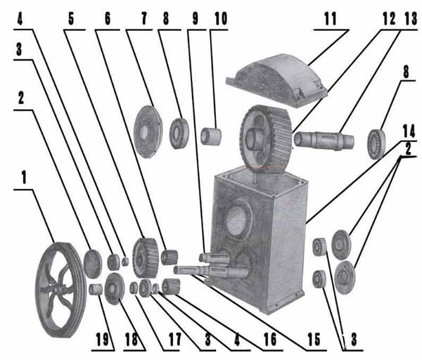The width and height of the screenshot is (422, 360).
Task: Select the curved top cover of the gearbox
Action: tap(276, 80)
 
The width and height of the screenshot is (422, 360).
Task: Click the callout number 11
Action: tap(331, 19)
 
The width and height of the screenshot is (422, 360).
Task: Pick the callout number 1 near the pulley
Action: tap(24, 178)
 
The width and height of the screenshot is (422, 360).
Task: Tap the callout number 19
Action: tap(102, 340)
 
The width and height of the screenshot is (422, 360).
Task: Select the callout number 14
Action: tap(409, 131)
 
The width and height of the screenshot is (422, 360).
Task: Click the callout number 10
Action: tap(221, 19)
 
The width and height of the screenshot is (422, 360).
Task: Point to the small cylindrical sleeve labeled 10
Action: tap(211, 136)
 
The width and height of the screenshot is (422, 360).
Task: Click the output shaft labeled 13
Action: tap(324, 141)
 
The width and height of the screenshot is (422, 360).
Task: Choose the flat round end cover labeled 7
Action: tap(148, 131)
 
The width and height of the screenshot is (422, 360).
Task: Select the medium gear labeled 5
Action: tap(145, 258)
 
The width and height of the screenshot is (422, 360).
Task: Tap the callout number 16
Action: tap(270, 340)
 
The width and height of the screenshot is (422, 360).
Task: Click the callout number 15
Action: tap(314, 340)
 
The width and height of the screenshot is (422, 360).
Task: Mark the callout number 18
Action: tap(132, 340)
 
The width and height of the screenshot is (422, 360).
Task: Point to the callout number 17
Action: tap(175, 340)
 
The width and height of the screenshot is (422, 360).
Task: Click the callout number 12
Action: tap(389, 19)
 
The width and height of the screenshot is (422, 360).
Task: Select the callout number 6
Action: tap(108, 19)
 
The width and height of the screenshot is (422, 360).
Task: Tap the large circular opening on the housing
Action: tap(238, 219)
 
